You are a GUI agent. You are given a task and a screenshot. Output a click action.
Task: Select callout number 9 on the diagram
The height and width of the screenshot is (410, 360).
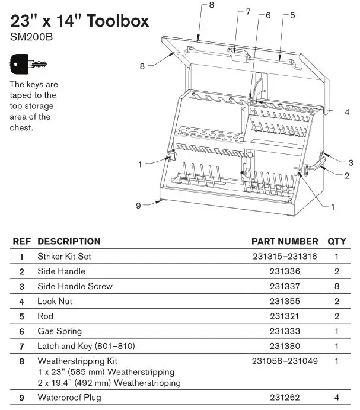138,206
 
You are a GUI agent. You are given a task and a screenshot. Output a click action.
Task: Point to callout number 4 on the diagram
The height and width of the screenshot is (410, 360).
347,112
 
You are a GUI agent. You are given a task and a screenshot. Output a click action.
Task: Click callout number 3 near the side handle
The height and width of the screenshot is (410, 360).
351,162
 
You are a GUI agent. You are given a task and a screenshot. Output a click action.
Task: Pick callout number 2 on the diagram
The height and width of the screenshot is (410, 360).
347,175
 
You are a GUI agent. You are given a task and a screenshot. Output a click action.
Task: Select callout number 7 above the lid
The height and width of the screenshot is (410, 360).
248,12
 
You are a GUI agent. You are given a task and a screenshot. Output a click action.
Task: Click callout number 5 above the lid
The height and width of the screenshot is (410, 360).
292,15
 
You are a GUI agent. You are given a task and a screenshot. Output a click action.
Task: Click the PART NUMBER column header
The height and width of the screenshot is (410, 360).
285,242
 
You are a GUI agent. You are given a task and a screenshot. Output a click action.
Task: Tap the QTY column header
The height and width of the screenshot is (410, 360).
336,242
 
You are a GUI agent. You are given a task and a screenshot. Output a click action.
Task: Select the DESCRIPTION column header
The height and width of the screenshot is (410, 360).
69,242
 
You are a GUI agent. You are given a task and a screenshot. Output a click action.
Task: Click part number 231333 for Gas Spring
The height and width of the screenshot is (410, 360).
285,331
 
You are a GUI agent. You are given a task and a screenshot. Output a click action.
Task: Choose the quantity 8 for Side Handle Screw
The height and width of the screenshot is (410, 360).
336,286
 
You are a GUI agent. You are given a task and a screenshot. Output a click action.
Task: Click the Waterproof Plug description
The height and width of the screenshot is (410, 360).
69,398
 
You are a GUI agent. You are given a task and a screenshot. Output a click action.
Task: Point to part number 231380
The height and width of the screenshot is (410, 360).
285,346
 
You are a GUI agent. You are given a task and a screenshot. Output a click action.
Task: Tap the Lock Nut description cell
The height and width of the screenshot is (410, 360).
55,302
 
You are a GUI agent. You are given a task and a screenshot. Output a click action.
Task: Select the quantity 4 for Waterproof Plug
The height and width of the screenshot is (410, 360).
336,398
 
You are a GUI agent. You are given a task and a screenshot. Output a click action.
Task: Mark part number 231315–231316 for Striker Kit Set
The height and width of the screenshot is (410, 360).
285,257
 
